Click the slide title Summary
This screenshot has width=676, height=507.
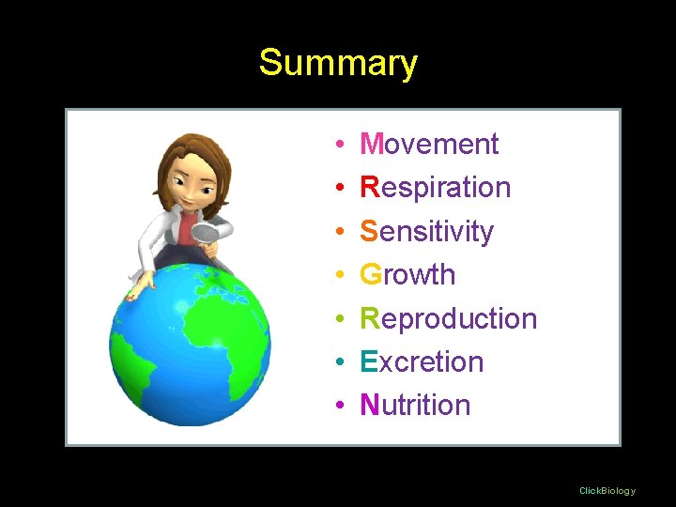(338, 64)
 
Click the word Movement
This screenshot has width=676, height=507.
(429, 144)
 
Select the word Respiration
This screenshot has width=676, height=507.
(436, 187)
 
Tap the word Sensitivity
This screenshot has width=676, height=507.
(426, 231)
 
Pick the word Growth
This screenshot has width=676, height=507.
(407, 274)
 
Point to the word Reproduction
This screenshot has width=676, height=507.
(448, 318)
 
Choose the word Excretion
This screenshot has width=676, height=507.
(422, 361)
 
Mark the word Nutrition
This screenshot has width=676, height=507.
(415, 405)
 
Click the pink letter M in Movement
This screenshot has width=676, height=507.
(372, 144)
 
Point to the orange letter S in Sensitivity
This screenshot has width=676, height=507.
(369, 231)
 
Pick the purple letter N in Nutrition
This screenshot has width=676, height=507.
(369, 405)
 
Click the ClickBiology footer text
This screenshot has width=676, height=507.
(607, 490)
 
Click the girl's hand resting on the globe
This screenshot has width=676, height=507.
(138, 288)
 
